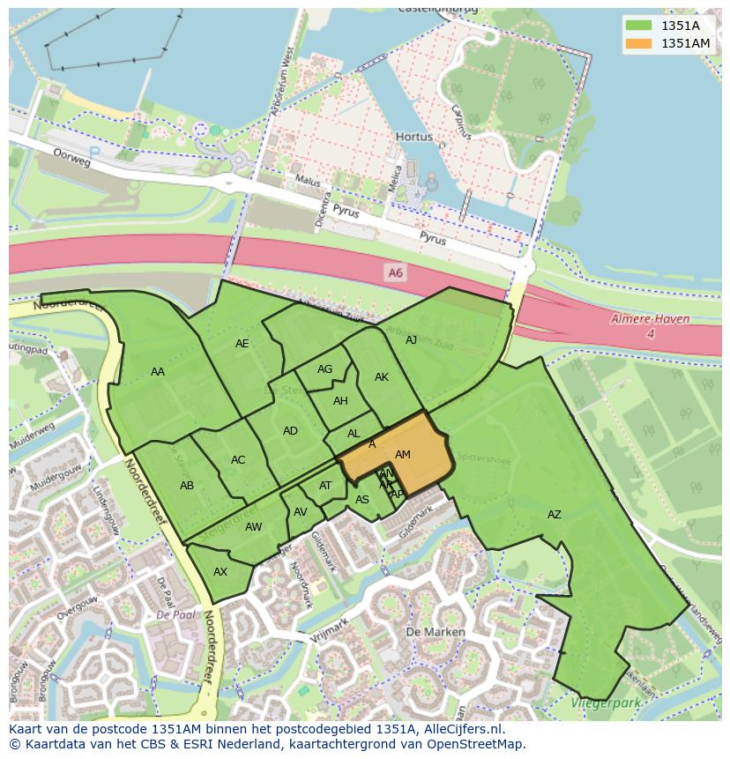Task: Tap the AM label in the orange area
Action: [403, 455]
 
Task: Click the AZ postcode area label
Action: [554, 515]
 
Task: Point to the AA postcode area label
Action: [158, 372]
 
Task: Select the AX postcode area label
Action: [220, 572]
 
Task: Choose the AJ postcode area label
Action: [411, 339]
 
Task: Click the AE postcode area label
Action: [242, 344]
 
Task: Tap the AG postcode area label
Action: [324, 369]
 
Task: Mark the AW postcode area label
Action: [253, 527]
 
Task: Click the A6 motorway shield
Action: [395, 273]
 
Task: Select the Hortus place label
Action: [414, 138]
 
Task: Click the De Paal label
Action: [175, 614]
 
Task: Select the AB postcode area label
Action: [187, 486]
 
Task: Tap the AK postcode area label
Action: [382, 377]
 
